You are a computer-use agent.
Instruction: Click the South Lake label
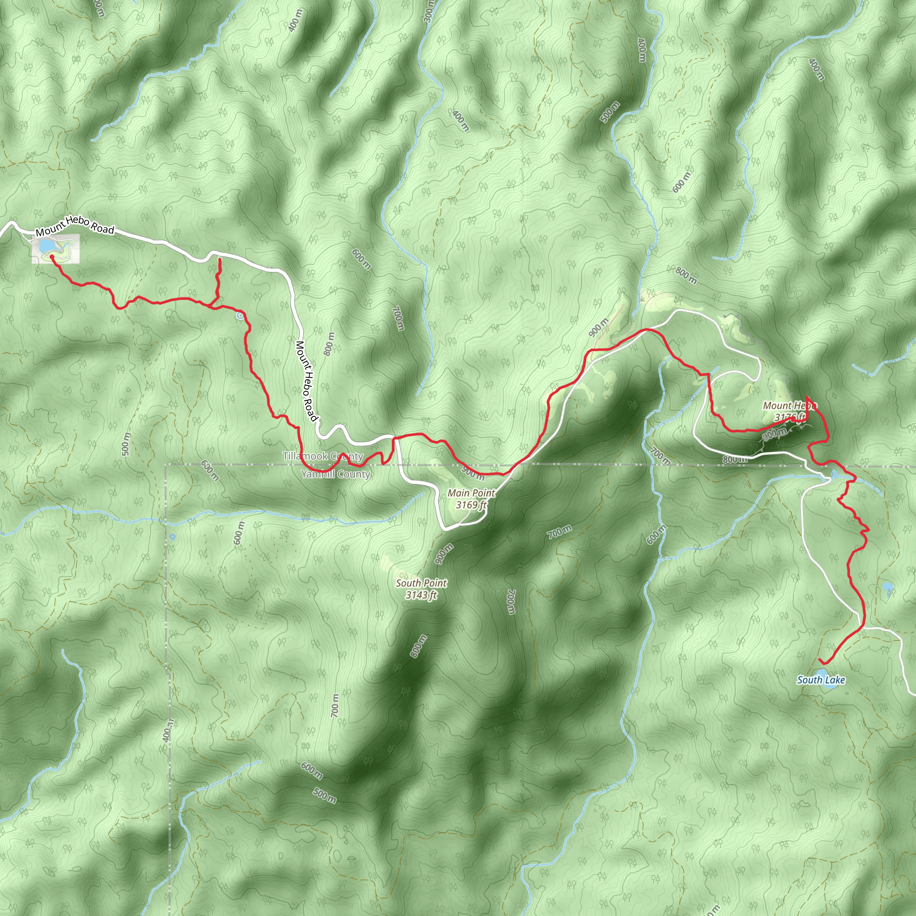click(x=821, y=680)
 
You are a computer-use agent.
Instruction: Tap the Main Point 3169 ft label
click(x=471, y=499)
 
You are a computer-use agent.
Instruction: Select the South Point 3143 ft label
click(x=421, y=589)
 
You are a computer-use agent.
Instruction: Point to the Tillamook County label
click(x=323, y=456)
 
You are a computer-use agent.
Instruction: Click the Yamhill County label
click(x=336, y=474)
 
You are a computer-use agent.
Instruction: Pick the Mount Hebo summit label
click(x=789, y=411)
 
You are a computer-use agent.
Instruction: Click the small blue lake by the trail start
click(x=45, y=246)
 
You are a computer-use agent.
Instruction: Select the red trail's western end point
click(x=51, y=256)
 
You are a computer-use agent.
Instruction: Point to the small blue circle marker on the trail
click(x=240, y=315)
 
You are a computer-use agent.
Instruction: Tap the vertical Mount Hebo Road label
click(x=306, y=381)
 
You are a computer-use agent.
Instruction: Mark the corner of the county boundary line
click(x=166, y=465)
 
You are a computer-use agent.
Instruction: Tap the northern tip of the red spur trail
click(x=219, y=259)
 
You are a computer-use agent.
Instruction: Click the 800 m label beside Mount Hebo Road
click(x=329, y=344)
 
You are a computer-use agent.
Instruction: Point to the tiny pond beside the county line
click(x=172, y=537)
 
